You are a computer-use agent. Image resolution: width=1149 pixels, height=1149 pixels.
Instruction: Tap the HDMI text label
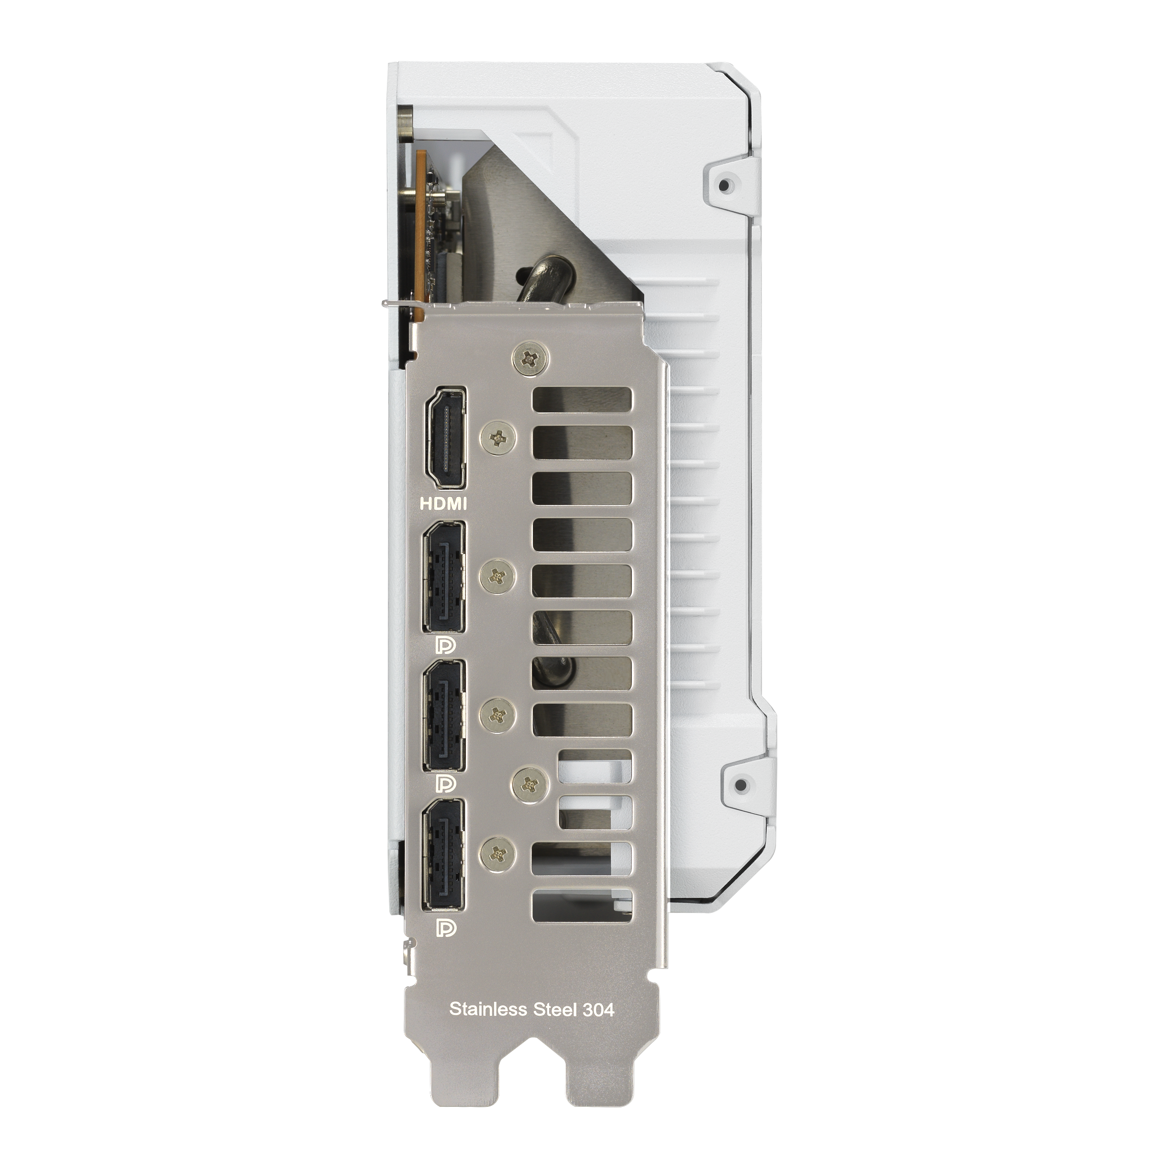click(x=443, y=504)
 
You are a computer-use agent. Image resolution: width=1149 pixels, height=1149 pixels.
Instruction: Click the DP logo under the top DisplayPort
click(x=444, y=646)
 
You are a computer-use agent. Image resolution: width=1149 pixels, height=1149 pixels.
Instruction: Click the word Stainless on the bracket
click(x=488, y=1009)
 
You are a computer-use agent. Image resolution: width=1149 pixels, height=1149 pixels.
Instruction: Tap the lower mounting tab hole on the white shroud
click(x=741, y=786)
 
